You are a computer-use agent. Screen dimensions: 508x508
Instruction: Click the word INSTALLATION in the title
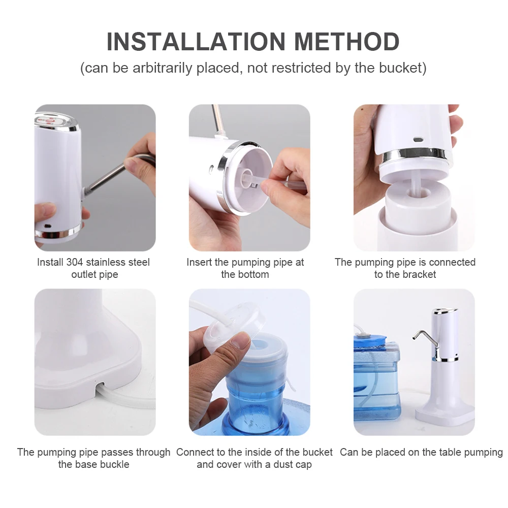[x=196, y=42]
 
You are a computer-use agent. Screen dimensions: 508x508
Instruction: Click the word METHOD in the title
[x=346, y=42]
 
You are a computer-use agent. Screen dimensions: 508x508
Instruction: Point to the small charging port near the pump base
[x=48, y=226]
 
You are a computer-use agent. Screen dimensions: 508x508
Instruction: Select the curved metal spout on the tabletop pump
[x=425, y=338]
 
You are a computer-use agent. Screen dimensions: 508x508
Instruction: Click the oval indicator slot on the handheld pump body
[x=418, y=140]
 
